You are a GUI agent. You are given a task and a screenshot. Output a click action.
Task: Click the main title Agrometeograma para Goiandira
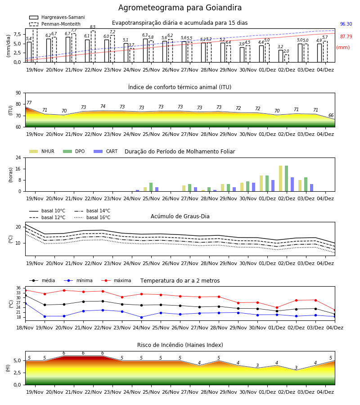180,8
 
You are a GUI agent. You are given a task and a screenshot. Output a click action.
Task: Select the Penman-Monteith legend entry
55,24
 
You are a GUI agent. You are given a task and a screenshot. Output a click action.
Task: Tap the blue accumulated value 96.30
346,24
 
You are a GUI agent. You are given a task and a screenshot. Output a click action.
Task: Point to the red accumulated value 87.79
346,37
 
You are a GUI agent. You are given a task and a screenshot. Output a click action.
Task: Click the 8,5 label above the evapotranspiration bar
93,27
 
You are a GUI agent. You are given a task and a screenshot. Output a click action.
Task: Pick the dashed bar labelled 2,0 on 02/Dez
287,58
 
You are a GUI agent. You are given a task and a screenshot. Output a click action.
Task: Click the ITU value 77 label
29,103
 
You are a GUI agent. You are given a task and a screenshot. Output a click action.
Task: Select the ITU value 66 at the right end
331,115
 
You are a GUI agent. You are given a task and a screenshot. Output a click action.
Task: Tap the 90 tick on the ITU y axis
18,93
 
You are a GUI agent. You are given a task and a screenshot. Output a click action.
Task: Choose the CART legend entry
106,151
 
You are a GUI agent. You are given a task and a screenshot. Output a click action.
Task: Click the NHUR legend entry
42,151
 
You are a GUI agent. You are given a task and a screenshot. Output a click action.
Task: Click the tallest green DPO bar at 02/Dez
286,179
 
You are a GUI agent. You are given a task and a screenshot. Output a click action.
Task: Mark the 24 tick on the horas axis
18,157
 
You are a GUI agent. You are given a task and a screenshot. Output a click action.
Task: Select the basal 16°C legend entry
92,217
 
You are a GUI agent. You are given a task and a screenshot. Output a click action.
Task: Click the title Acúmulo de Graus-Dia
180,216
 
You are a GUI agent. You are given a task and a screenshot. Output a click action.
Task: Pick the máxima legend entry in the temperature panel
116,280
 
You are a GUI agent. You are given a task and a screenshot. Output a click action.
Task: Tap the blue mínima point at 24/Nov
141,317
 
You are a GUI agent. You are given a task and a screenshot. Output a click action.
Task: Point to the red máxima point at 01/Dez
277,308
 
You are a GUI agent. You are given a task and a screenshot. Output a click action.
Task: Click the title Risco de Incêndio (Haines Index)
180,345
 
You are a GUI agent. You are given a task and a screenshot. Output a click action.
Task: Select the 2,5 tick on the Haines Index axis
18,373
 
